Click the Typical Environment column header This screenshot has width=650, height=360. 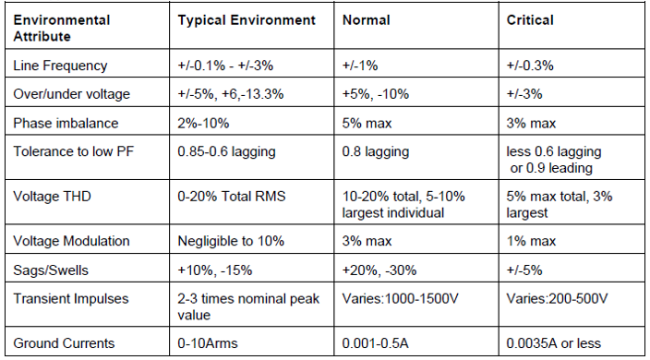(x=246, y=19)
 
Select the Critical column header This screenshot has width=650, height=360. (x=530, y=19)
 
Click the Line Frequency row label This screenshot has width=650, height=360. (x=60, y=66)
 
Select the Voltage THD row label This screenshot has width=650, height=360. (x=52, y=196)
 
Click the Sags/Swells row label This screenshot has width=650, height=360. (x=53, y=270)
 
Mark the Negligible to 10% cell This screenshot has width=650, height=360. (x=232, y=241)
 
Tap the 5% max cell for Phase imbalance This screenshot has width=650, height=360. (x=367, y=123)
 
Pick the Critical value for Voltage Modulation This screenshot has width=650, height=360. (x=531, y=241)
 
